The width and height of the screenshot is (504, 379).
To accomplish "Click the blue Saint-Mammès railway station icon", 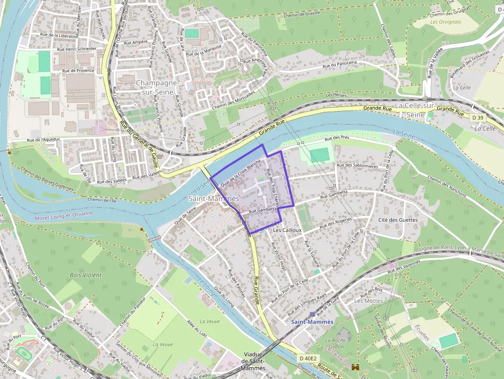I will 312,314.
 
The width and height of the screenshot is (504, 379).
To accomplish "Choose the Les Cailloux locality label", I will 287,230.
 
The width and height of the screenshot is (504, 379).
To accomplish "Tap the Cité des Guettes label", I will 398,220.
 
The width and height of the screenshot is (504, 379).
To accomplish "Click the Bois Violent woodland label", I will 86,275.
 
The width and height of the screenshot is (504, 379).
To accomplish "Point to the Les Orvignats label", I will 446,22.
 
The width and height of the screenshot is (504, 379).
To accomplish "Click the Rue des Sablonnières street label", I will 357,166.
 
